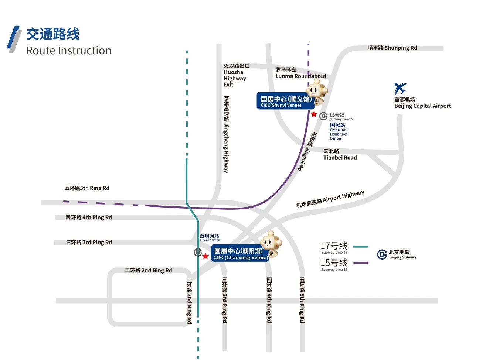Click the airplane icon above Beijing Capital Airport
click(400, 89)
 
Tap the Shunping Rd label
click(392, 48)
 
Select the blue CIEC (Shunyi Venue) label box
click(285, 101)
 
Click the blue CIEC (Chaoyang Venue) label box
click(240, 254)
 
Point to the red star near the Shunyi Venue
click(314, 114)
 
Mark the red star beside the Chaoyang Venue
click(205, 256)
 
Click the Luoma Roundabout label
click(300, 73)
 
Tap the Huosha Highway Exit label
click(235, 75)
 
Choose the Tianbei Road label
click(340, 154)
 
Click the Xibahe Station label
click(210, 237)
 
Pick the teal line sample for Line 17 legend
click(361, 247)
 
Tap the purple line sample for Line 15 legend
click(361, 263)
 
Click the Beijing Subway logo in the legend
click(382, 254)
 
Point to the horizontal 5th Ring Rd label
click(87, 188)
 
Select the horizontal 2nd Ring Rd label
click(148, 270)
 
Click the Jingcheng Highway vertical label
click(226, 135)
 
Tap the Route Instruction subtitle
click(69, 51)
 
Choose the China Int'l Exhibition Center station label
click(339, 132)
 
